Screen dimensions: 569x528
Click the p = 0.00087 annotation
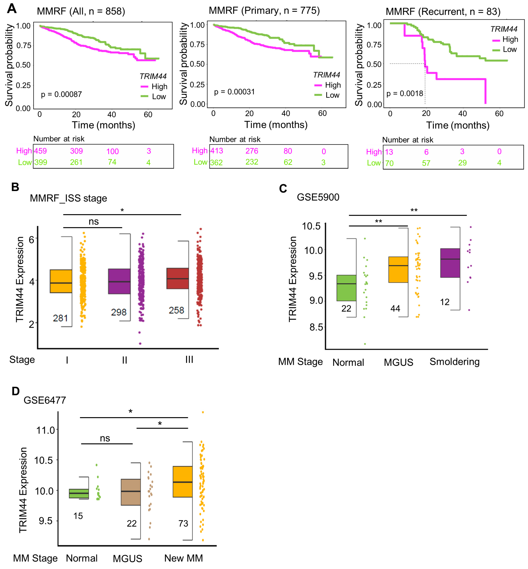61,94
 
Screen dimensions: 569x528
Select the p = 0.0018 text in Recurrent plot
405,93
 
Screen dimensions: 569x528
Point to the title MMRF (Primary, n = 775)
264,11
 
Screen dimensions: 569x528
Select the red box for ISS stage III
178,278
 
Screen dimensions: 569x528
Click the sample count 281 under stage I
60,318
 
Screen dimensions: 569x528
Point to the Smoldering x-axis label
455,362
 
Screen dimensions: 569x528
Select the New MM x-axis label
183,558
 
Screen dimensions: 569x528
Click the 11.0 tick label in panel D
45,430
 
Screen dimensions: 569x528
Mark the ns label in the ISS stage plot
94,221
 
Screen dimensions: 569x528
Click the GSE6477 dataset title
45,400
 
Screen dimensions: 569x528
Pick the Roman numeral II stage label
125,360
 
